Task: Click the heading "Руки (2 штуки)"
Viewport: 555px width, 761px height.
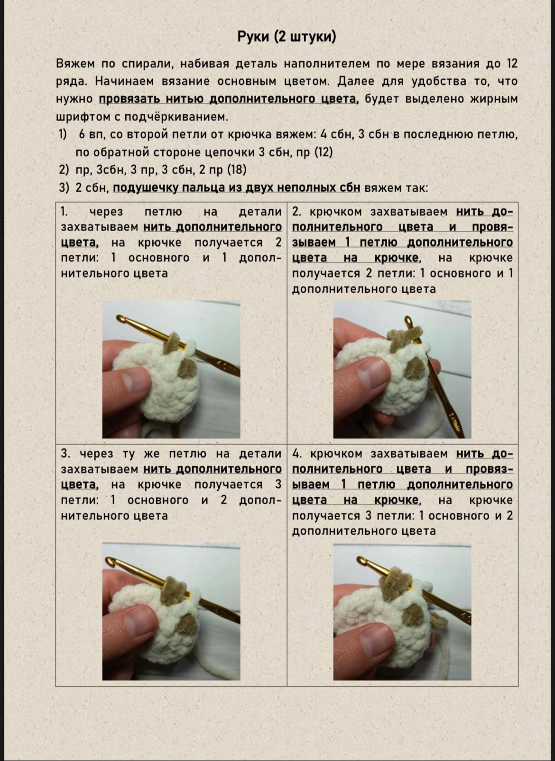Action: [x=286, y=37]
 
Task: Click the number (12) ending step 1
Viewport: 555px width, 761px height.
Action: [x=323, y=152]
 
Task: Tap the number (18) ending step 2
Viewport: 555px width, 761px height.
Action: [x=237, y=170]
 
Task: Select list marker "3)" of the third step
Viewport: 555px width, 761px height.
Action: [x=65, y=188]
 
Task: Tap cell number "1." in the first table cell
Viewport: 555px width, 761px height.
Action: [x=65, y=212]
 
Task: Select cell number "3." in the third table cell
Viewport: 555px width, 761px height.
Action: [x=65, y=454]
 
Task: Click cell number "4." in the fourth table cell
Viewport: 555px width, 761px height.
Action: [x=297, y=454]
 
